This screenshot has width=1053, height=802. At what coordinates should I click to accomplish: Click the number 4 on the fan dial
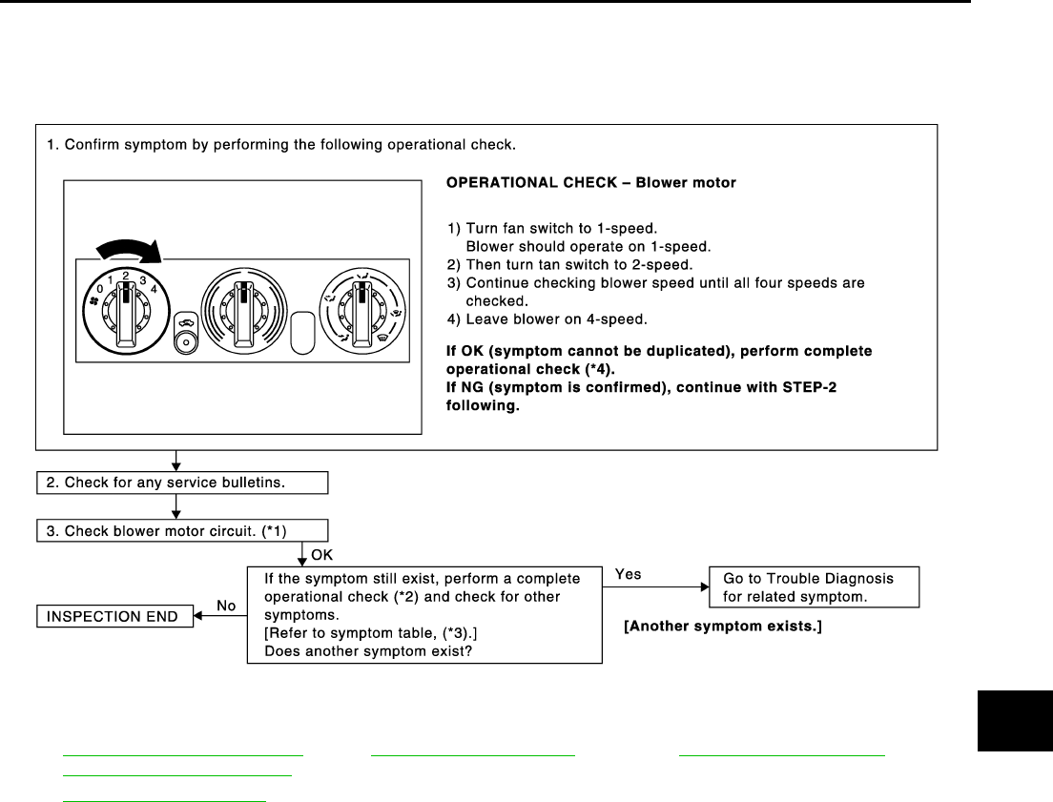(x=153, y=287)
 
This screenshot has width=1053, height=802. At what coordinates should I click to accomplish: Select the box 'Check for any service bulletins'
(x=181, y=483)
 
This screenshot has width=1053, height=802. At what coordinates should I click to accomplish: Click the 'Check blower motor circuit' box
(x=181, y=531)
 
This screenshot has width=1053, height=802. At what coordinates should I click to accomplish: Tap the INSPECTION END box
(x=114, y=616)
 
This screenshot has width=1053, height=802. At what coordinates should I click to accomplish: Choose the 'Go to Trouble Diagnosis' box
(x=814, y=586)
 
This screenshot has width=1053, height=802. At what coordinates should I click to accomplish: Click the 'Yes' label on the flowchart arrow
(x=629, y=575)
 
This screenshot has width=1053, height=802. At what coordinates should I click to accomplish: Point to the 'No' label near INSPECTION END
(x=226, y=605)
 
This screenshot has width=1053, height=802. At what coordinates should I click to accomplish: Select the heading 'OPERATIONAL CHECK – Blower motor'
(x=590, y=182)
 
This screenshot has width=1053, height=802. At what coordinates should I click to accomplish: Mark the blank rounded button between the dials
(x=303, y=333)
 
